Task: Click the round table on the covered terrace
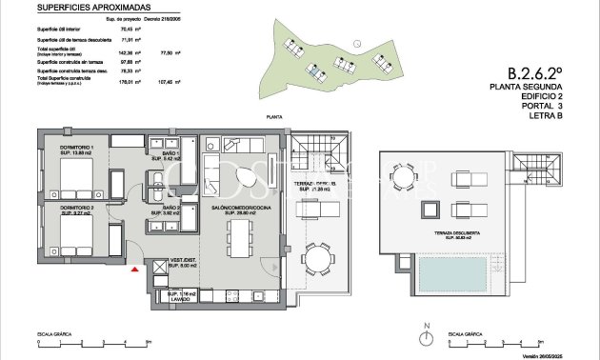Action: click(315, 260)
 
